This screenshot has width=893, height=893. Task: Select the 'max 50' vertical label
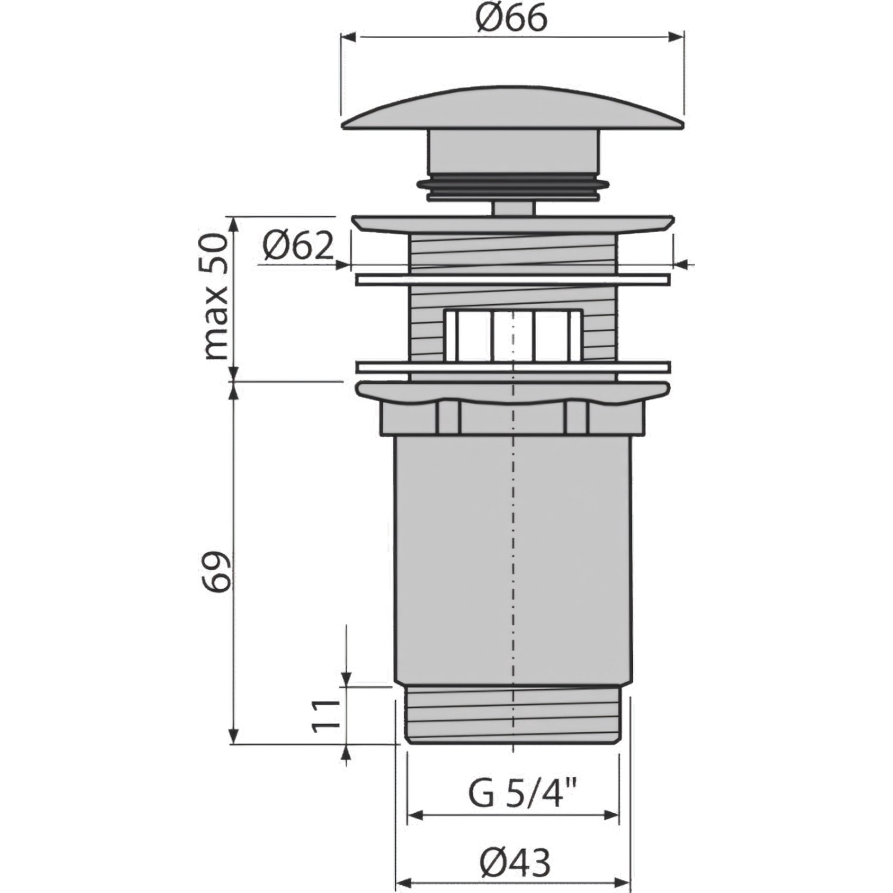(x=216, y=296)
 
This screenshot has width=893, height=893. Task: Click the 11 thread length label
(x=325, y=714)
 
